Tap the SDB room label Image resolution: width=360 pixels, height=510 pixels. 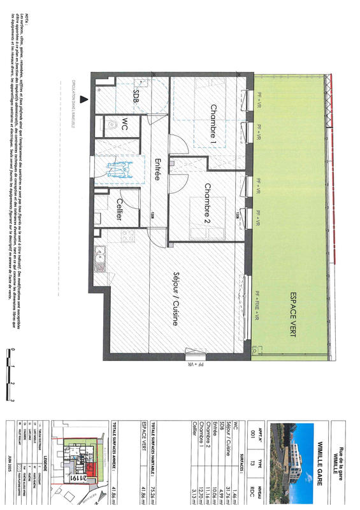[136, 95]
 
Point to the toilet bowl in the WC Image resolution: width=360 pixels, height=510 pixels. [112, 123]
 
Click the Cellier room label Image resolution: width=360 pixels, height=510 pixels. [119, 209]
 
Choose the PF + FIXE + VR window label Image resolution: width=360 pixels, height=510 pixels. [258, 305]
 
